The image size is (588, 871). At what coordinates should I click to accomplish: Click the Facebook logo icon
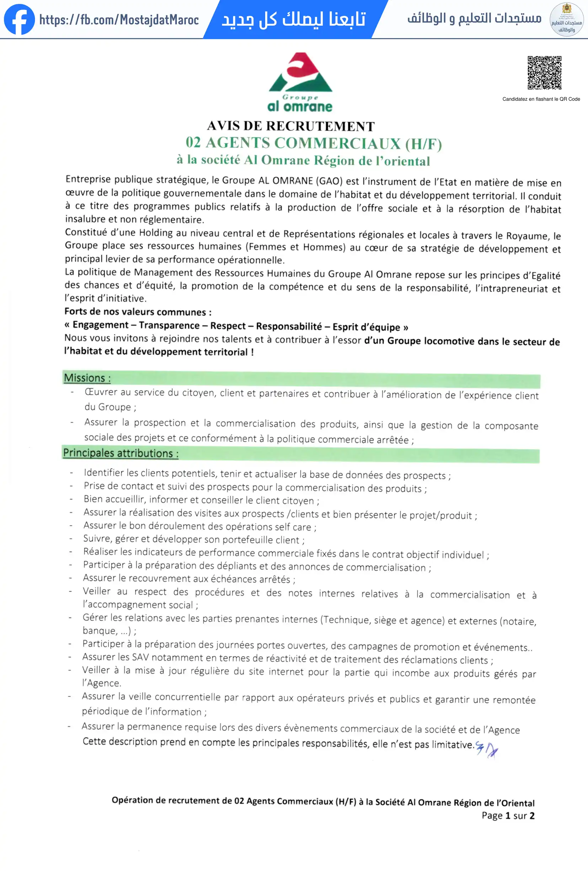(19, 20)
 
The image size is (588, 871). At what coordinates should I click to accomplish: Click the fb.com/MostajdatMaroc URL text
(119, 20)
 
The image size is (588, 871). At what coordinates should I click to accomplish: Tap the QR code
(544, 73)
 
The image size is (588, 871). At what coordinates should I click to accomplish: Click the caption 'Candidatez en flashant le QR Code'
(541, 99)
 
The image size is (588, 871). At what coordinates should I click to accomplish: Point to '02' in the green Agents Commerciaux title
(193, 142)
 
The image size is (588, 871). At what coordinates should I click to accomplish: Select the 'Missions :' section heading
(87, 378)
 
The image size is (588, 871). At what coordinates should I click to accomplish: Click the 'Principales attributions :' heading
(121, 453)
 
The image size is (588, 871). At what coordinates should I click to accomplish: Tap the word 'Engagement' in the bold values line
(100, 325)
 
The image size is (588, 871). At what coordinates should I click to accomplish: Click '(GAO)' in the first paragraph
(329, 181)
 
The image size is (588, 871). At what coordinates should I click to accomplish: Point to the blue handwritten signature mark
(487, 749)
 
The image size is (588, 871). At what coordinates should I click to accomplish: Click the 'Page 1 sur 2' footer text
(508, 816)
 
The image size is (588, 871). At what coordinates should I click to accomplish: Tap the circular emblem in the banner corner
(566, 20)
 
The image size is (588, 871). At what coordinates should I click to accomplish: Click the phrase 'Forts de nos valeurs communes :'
(138, 312)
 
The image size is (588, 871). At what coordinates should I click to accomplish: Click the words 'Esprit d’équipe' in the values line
(366, 327)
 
